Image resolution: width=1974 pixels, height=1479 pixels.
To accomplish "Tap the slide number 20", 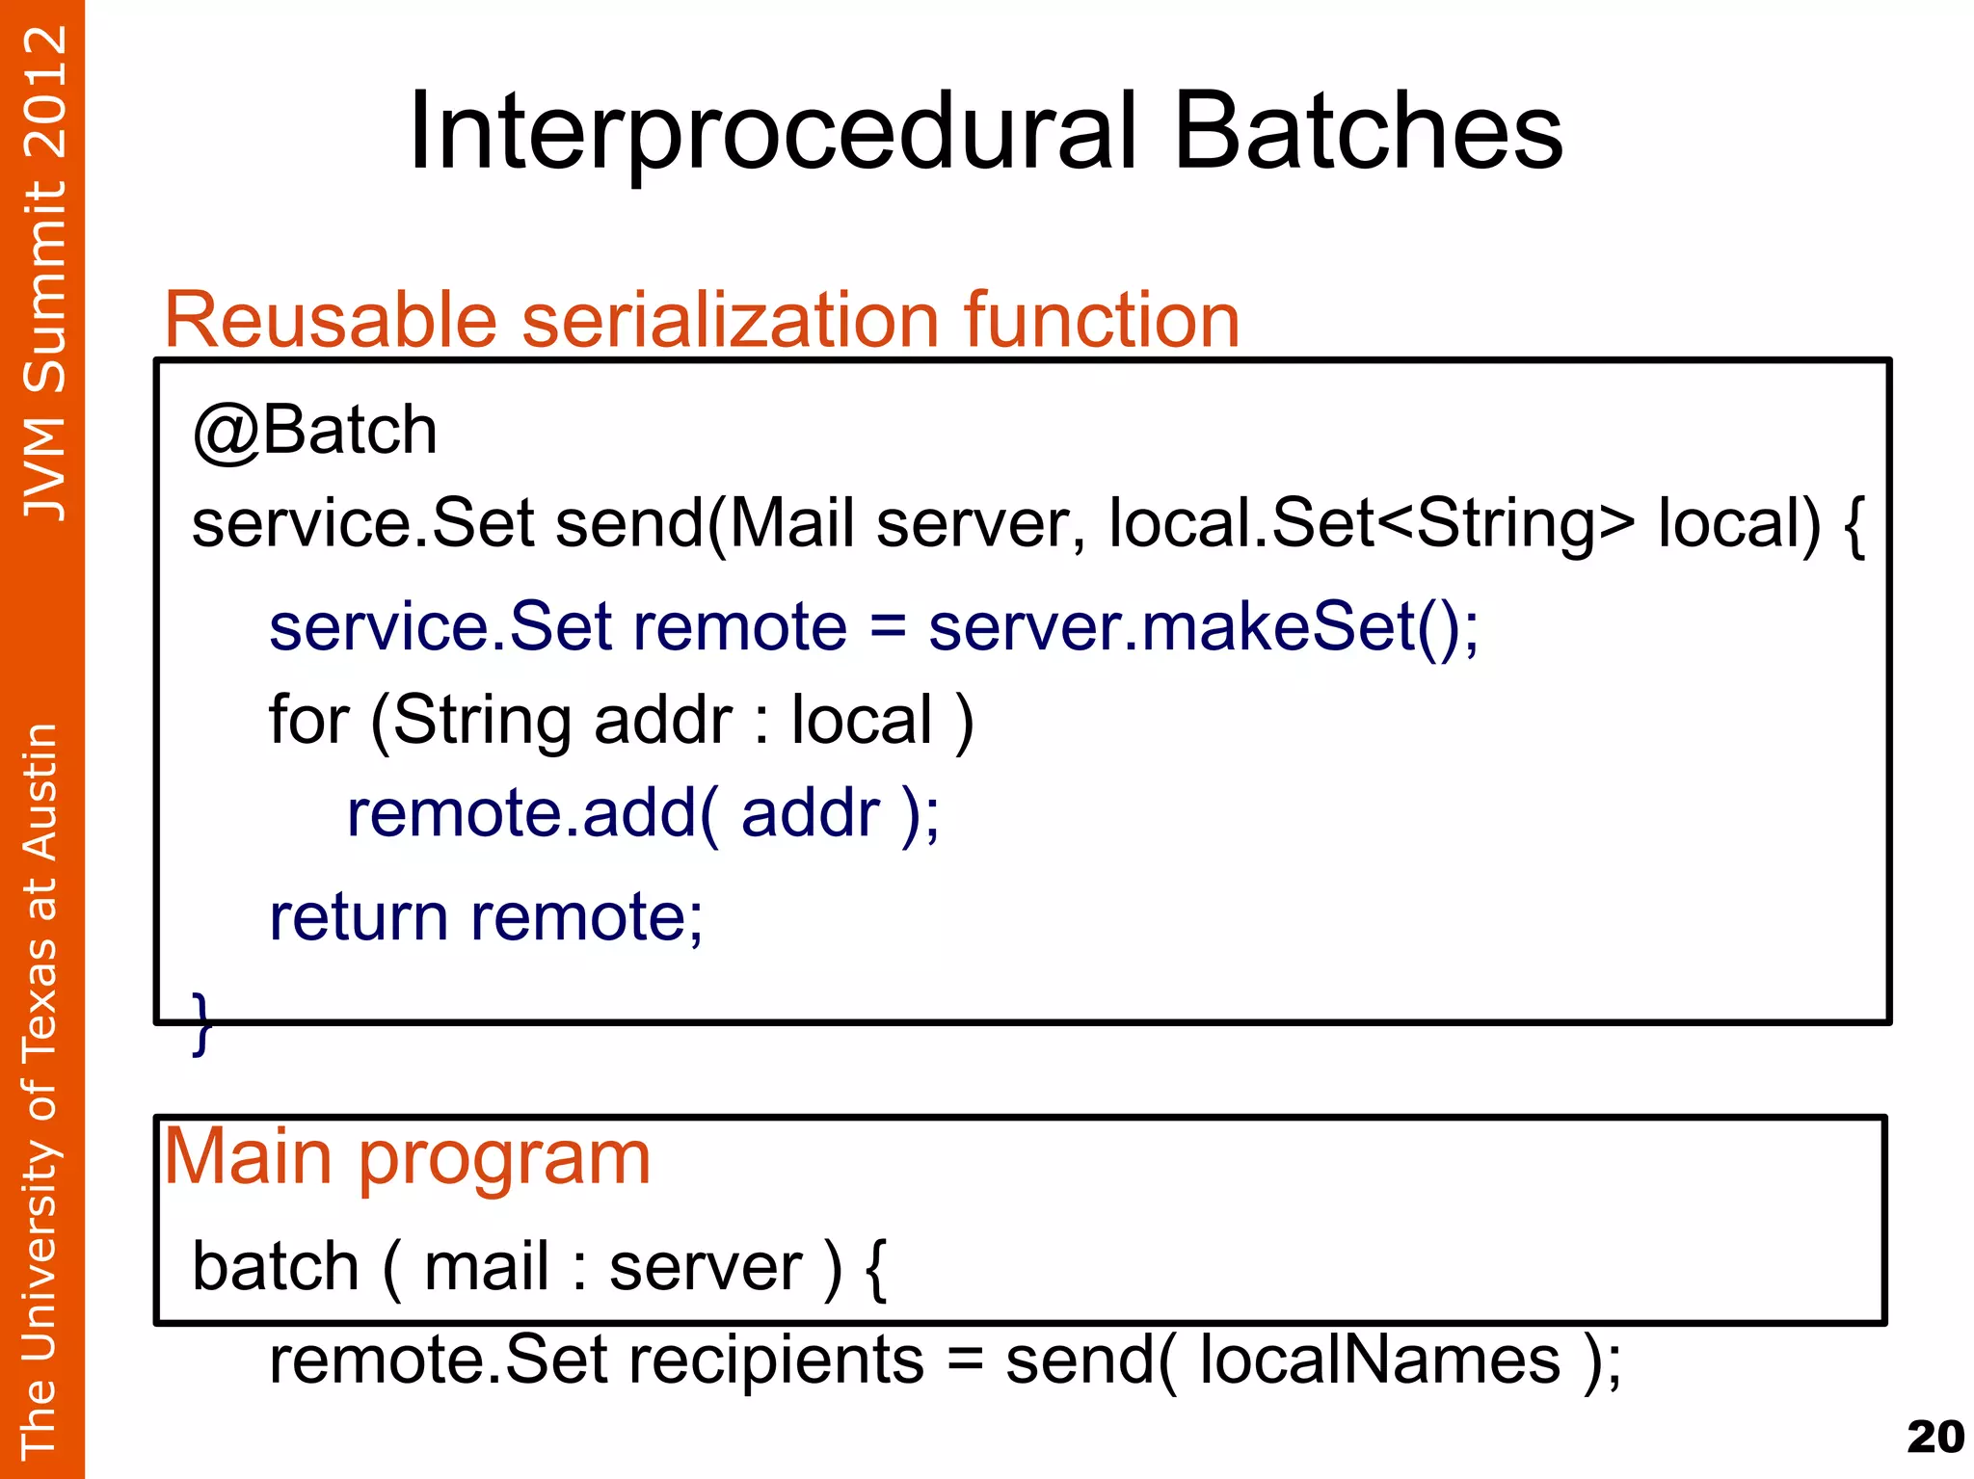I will (x=1934, y=1438).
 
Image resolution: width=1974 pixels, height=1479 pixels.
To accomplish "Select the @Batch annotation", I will (x=315, y=430).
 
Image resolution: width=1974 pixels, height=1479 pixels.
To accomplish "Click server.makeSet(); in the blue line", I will (x=1203, y=626).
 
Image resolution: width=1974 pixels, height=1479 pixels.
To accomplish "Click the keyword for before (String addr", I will (x=307, y=720).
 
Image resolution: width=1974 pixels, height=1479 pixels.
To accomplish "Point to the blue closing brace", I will (x=201, y=1023).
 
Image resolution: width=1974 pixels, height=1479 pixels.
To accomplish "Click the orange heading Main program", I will (x=408, y=1156).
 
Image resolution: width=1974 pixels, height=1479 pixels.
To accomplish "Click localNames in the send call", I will (x=1379, y=1360).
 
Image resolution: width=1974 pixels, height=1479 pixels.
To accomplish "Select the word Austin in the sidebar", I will (x=40, y=792).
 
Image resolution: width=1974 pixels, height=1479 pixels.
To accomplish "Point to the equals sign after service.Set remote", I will (x=888, y=626).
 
